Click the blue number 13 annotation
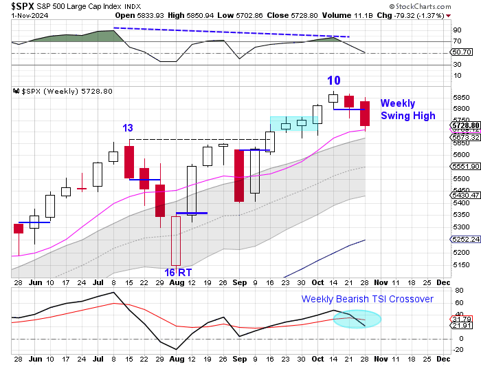click(128, 128)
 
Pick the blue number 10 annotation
click(334, 81)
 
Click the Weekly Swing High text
click(407, 109)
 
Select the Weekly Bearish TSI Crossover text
click(368, 299)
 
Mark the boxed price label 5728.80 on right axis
click(464, 125)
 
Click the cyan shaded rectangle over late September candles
click(295, 123)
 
